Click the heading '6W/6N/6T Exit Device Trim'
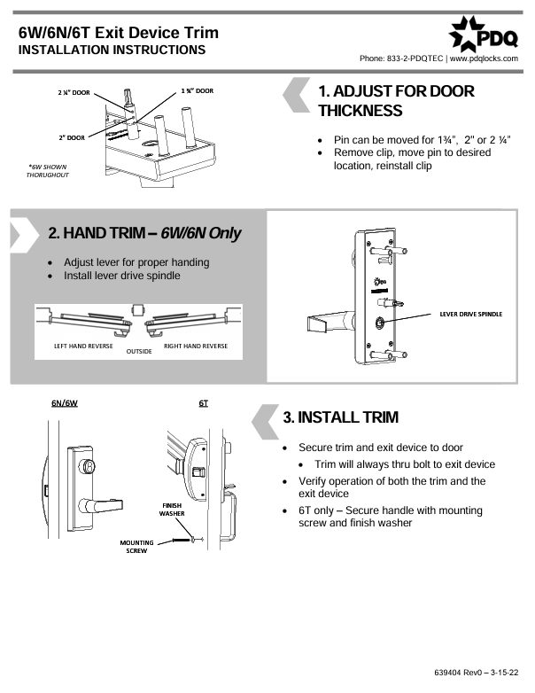[x=118, y=33]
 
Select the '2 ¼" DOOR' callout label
[x=74, y=91]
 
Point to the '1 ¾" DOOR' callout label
[x=198, y=90]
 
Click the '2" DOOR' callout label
[x=72, y=137]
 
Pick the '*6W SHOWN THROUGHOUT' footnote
[x=48, y=170]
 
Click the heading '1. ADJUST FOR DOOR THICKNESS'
[x=395, y=101]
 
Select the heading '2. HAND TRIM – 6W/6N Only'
[x=144, y=233]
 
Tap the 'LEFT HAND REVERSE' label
[x=83, y=345]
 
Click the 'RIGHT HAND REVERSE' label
[x=196, y=345]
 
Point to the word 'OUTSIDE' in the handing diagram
[x=139, y=351]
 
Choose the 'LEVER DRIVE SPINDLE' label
[x=470, y=315]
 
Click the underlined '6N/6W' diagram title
[x=65, y=402]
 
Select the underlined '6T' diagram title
[x=203, y=402]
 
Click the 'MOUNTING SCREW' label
[x=137, y=546]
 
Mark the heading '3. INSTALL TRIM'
[x=340, y=417]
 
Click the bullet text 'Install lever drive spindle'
[x=122, y=276]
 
